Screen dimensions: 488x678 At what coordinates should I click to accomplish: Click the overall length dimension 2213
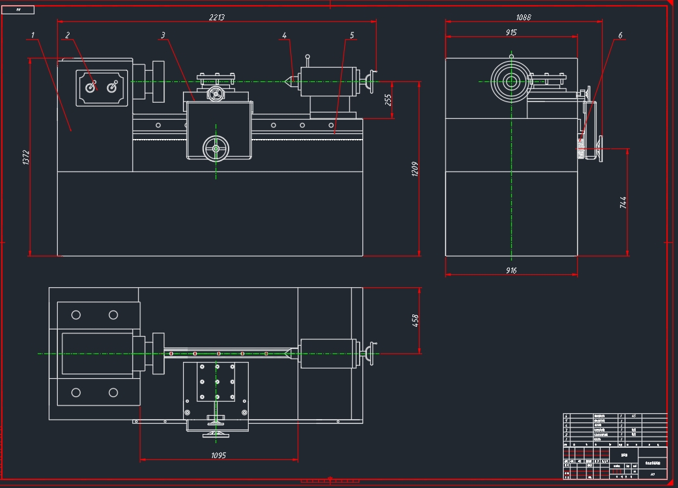click(217, 18)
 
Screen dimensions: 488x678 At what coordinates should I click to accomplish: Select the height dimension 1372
click(27, 158)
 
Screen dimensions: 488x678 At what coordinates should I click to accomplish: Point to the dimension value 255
click(388, 100)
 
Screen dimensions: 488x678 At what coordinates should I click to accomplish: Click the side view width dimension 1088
click(523, 18)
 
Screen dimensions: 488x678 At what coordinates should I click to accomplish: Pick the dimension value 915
click(511, 32)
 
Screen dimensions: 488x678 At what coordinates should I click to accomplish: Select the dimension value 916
click(511, 270)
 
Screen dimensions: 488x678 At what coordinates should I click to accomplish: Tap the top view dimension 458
click(416, 320)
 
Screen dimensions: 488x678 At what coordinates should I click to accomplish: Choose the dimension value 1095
click(218, 456)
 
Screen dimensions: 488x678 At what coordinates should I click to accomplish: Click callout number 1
click(32, 34)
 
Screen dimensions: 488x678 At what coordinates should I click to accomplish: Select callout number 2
click(67, 34)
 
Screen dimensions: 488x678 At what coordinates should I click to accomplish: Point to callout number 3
click(163, 35)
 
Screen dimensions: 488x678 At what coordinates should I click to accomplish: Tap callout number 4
click(284, 35)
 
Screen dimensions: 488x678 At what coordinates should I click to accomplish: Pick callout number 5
click(352, 35)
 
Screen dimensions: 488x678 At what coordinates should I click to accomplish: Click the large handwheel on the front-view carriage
click(216, 149)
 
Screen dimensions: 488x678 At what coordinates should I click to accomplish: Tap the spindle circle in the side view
click(511, 81)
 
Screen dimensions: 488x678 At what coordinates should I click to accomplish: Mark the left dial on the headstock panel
click(91, 86)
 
